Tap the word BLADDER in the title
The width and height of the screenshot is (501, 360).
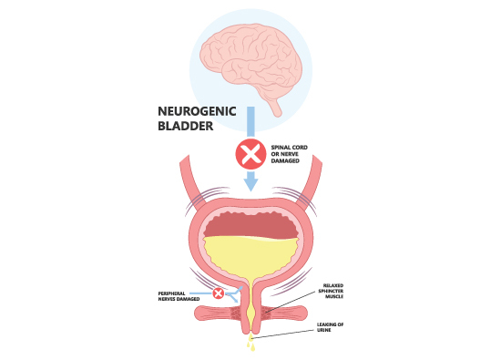pos(185,129)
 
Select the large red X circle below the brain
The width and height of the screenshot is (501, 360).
pos(250,153)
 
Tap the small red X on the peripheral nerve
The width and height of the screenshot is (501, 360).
pos(219,293)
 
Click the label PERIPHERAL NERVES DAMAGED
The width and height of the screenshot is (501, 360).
pos(184,294)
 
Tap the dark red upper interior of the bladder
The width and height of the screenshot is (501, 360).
pos(250,220)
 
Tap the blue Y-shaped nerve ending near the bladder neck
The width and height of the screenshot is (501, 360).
pos(235,293)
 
